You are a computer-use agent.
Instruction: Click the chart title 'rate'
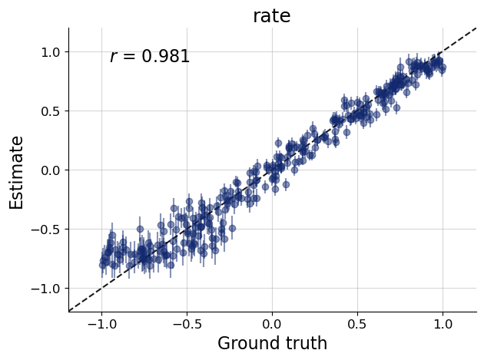(272, 16)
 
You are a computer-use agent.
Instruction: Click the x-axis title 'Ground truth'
(272, 343)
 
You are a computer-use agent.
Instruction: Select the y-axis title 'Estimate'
(17, 172)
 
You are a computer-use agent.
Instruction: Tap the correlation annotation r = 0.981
(150, 57)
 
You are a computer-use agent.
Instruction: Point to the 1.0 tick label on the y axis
(49, 52)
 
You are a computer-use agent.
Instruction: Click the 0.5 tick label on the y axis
(49, 111)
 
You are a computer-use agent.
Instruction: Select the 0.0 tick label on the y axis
(49, 170)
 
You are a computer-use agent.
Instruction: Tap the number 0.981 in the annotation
(165, 57)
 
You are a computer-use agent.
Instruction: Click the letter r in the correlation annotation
(113, 58)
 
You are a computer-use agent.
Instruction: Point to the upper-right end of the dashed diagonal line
(476, 28)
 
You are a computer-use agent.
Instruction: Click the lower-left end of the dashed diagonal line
(69, 311)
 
